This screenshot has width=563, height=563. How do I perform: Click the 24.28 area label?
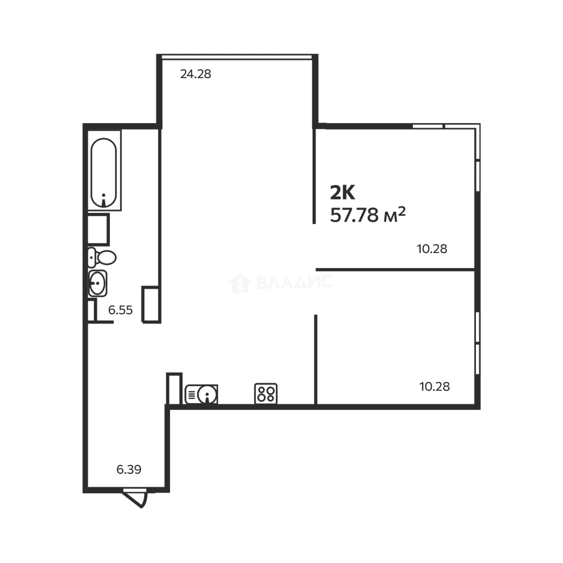point(195,74)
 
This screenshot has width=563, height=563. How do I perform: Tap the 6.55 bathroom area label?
point(120,310)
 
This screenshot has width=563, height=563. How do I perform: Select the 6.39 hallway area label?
point(129,469)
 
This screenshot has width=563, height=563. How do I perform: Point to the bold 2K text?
point(342,193)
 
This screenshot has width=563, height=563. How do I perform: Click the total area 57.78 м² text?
point(368,214)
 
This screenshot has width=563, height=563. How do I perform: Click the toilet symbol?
point(102,257)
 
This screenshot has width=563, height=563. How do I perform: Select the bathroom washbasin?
point(97,284)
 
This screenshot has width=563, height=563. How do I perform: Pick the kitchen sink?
point(207,394)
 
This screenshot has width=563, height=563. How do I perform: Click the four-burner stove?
point(266,394)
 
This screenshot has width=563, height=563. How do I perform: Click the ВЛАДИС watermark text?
point(295,283)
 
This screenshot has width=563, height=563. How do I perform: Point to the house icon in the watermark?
point(240,283)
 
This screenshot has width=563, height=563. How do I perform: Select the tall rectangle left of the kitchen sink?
point(174,388)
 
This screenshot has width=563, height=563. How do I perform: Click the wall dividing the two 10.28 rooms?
point(395,270)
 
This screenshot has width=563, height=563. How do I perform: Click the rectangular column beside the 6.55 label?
point(151,304)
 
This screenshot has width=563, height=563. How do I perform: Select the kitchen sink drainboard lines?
point(191,394)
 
